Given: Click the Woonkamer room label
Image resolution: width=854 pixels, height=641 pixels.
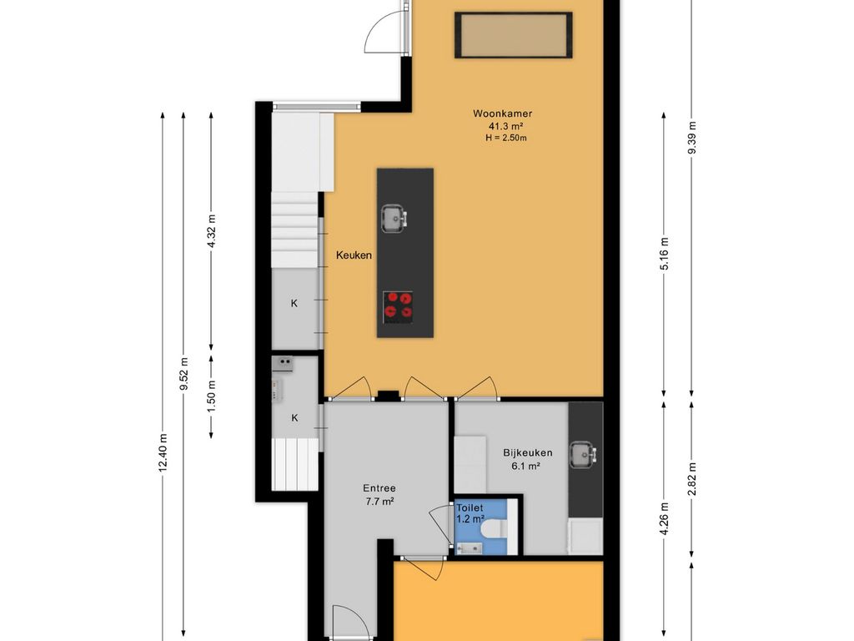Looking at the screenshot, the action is pos(502,114).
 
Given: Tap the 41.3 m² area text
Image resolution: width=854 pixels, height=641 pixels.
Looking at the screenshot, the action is pos(506,127).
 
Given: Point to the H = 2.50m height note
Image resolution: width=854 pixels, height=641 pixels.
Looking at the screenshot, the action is pos(506,138).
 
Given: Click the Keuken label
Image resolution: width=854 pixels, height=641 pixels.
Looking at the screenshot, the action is pos(354,255).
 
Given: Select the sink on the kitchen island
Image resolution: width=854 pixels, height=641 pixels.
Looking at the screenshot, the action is pos(394,219).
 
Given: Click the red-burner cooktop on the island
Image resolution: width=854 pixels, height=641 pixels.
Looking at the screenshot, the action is pos(398,305).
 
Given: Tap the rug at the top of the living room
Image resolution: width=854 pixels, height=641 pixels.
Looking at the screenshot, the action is pos(514,35).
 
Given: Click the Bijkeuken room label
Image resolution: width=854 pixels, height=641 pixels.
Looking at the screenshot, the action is pos(528,452).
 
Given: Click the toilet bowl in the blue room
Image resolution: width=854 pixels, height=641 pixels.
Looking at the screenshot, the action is pos(495,528).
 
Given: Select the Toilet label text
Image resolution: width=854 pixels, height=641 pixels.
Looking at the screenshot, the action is pos(470,508).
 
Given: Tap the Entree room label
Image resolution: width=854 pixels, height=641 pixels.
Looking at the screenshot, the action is pos(379,488).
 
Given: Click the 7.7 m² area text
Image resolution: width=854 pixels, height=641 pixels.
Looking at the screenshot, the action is pos(380,502).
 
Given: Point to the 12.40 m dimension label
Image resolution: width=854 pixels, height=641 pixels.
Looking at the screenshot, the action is pos(163,453).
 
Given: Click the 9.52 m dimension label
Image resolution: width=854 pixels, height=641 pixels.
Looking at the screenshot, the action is pos(184,373).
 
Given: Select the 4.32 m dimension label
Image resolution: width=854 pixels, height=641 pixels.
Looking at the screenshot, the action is pos(212,230).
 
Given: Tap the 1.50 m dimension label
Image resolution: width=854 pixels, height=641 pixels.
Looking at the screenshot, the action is pos(212,396).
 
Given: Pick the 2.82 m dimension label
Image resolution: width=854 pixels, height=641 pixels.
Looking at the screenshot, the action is pos(692,480).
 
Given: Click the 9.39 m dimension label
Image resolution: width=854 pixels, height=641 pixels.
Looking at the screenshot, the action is pos(692,138).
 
